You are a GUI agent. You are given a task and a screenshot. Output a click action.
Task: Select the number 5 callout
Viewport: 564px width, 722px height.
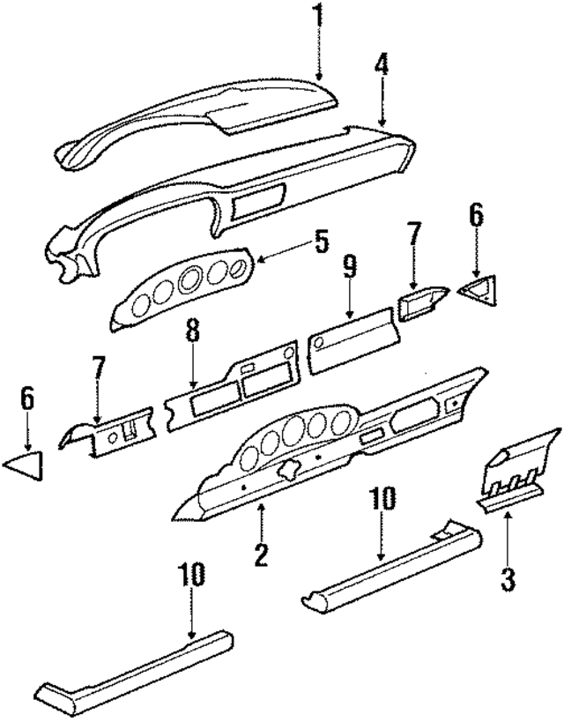tap(321, 241)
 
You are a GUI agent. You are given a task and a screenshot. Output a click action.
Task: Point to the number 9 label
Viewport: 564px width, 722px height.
tap(350, 267)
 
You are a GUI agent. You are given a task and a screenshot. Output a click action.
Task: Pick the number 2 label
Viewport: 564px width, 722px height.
tap(261, 555)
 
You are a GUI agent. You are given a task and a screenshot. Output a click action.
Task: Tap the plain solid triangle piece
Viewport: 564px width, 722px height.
tap(26, 464)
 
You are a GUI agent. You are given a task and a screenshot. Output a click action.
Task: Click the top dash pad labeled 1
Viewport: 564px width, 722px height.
tap(203, 115)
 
